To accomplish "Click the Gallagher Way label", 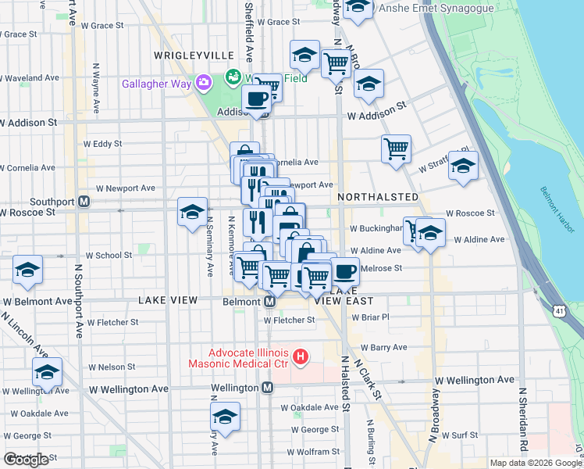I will click(x=156, y=84).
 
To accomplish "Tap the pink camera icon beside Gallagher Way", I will click(x=204, y=82).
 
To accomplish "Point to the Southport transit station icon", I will click(x=84, y=201).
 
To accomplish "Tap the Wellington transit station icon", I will click(x=268, y=388).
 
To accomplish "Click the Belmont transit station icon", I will click(x=269, y=302).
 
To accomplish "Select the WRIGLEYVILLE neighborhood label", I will click(x=194, y=55).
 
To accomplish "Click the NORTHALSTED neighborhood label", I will click(x=379, y=197).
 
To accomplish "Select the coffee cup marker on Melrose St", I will click(x=344, y=272).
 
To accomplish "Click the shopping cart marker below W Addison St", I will click(x=397, y=147).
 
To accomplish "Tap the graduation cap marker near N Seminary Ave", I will click(x=192, y=211).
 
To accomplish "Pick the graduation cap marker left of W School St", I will click(x=28, y=270).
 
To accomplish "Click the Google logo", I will click(x=26, y=460).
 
